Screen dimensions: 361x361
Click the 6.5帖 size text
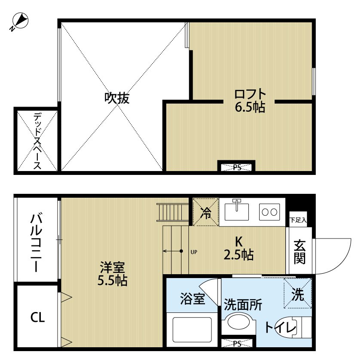pyautogui.click(x=250, y=107)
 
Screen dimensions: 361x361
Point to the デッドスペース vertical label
pyautogui.click(x=37, y=141)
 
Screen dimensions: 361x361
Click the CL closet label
pyautogui.click(x=37, y=318)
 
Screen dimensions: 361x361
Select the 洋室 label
pyautogui.click(x=112, y=268)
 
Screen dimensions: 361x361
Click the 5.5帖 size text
pyautogui.click(x=112, y=281)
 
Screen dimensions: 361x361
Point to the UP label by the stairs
pyautogui.click(x=193, y=252)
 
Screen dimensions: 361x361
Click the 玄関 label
pyautogui.click(x=300, y=252)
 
